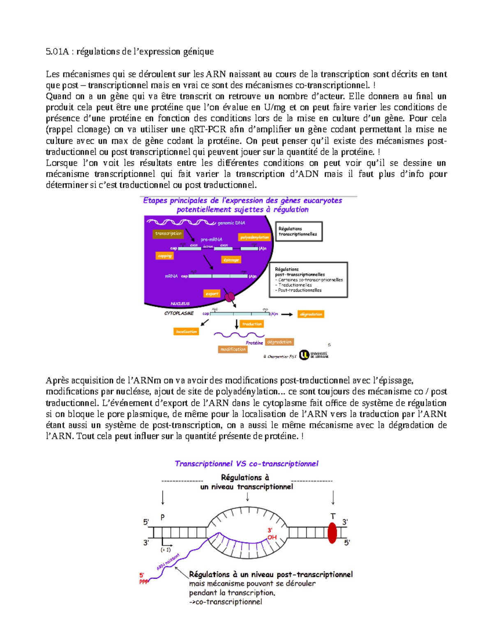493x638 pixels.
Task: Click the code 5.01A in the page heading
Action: (x=57, y=52)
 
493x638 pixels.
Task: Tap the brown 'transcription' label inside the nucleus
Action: (x=168, y=234)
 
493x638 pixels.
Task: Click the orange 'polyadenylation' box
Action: (x=254, y=237)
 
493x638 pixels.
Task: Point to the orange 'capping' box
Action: (x=165, y=256)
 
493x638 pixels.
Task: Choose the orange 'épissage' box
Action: (x=231, y=260)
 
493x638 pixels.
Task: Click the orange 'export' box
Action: (x=212, y=294)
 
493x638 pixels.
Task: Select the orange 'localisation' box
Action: (x=186, y=332)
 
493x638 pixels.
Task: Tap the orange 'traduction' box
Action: (x=251, y=324)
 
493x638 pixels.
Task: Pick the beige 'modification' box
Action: (x=233, y=350)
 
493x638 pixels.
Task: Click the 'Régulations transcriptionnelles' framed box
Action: (x=299, y=231)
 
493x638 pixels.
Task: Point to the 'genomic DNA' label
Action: (x=231, y=223)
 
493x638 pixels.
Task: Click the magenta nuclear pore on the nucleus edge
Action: (x=229, y=297)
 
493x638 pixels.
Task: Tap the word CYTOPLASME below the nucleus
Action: (x=179, y=313)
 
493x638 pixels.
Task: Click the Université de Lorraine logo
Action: (x=314, y=355)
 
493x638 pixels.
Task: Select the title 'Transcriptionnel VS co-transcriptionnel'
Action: (x=246, y=464)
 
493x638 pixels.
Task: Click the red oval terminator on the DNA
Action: (x=332, y=533)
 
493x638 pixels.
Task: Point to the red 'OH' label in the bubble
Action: (x=272, y=537)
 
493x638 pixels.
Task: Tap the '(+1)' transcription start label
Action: (x=166, y=550)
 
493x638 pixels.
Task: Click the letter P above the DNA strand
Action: (x=163, y=518)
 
